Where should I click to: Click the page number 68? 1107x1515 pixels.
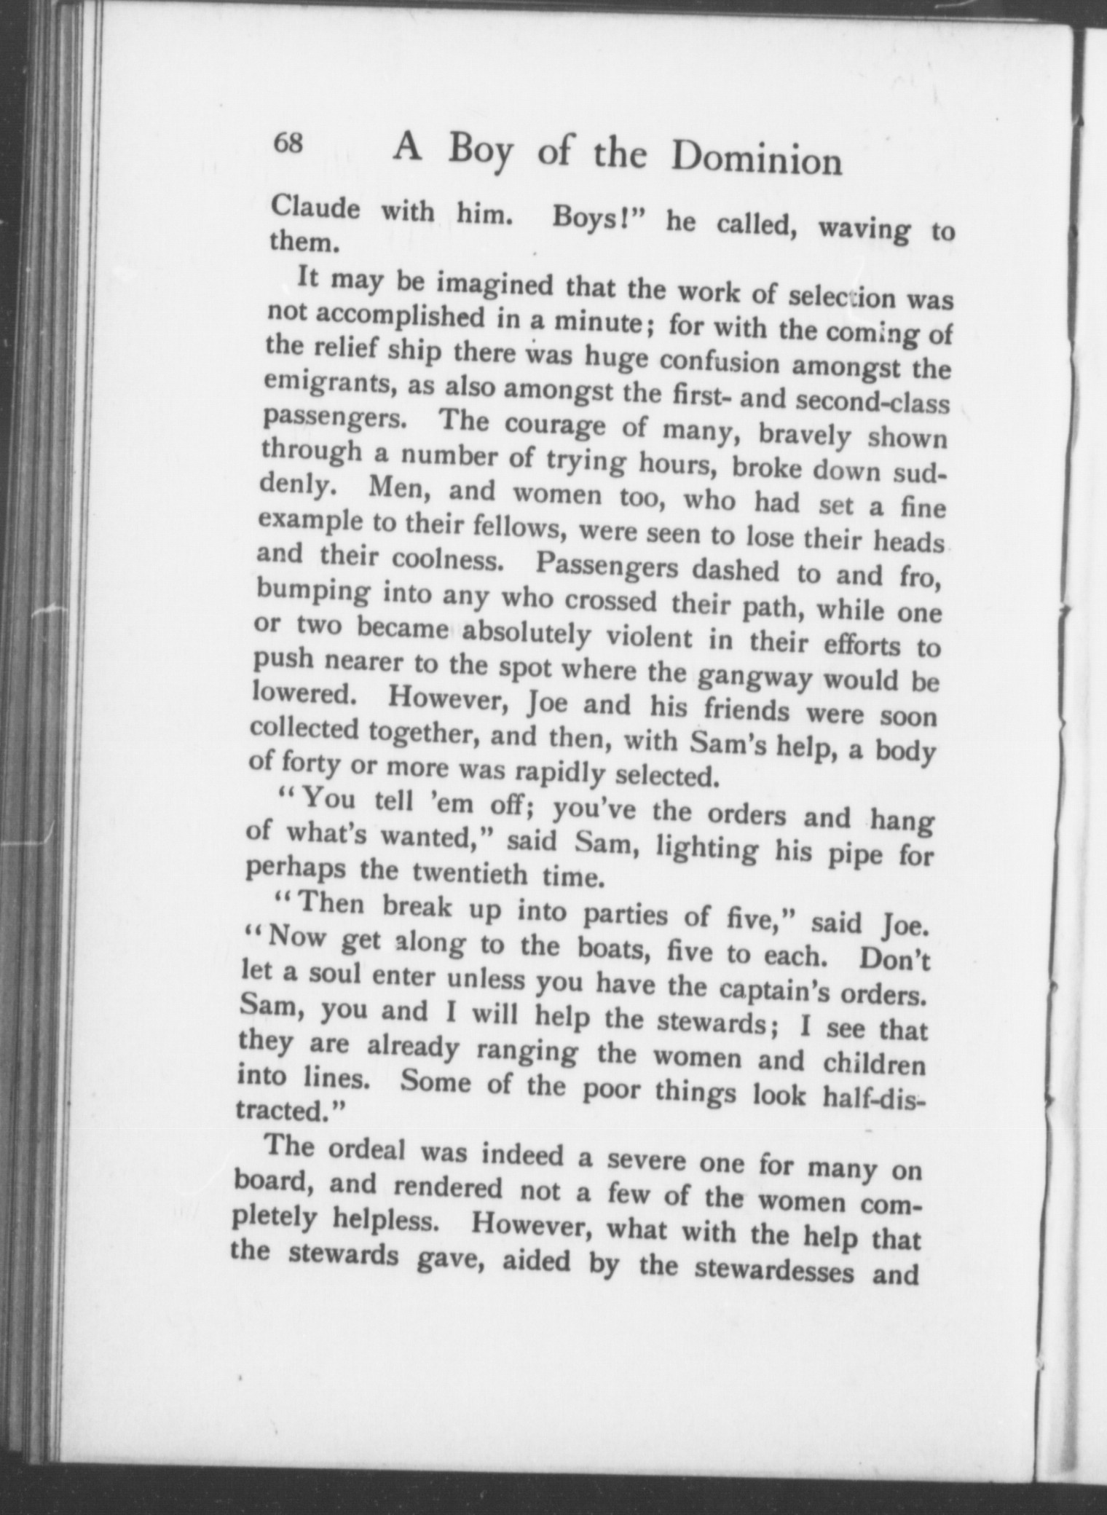pyautogui.click(x=288, y=142)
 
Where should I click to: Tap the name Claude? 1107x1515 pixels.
pyautogui.click(x=315, y=208)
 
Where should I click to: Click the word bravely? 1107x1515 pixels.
pyautogui.click(x=805, y=435)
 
